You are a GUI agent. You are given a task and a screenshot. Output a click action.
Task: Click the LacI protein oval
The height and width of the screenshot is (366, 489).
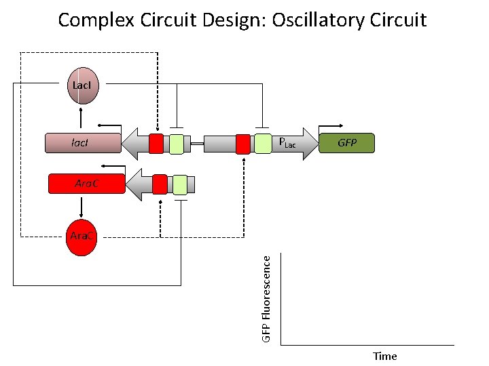click(81, 85)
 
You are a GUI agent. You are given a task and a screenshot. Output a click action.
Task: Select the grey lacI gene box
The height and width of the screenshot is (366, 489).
click(81, 143)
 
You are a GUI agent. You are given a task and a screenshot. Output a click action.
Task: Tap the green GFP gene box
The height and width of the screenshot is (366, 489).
click(346, 143)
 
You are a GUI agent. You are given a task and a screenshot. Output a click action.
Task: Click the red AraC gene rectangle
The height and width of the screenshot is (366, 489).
click(86, 184)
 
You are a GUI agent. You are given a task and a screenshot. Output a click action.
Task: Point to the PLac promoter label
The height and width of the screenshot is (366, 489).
click(287, 144)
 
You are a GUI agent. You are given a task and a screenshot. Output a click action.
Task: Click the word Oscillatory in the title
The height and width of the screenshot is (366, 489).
click(314, 20)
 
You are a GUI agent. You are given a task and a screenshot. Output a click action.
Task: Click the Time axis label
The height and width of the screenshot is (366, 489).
click(384, 356)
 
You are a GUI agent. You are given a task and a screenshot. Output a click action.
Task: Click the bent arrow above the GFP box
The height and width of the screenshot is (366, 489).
click(331, 127)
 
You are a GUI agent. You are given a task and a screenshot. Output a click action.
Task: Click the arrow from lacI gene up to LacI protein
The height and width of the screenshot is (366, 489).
click(81, 118)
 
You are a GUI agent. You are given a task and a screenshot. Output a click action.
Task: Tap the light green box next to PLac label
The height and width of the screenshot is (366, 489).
click(262, 144)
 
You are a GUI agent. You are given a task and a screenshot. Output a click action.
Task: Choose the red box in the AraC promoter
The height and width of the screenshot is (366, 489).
click(160, 184)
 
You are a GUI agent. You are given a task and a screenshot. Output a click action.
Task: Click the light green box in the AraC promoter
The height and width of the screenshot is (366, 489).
click(180, 184)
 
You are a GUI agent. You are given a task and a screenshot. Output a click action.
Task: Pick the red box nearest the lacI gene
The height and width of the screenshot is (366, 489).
click(156, 144)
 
